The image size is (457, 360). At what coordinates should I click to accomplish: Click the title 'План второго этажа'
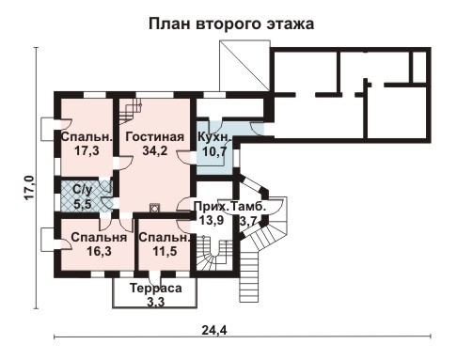tap(230, 21)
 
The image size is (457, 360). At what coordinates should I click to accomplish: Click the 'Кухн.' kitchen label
tap(215, 136)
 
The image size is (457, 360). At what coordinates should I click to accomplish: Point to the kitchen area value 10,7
tap(215, 151)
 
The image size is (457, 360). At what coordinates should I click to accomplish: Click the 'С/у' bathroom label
tap(82, 188)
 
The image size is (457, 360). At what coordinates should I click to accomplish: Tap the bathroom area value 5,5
tap(83, 202)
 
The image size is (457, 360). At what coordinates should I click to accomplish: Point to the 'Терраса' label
tap(156, 288)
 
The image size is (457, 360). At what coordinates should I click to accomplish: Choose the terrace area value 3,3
tap(156, 302)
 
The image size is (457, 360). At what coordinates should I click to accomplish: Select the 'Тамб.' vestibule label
tap(249, 205)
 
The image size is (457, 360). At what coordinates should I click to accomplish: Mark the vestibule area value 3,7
tap(248, 220)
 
